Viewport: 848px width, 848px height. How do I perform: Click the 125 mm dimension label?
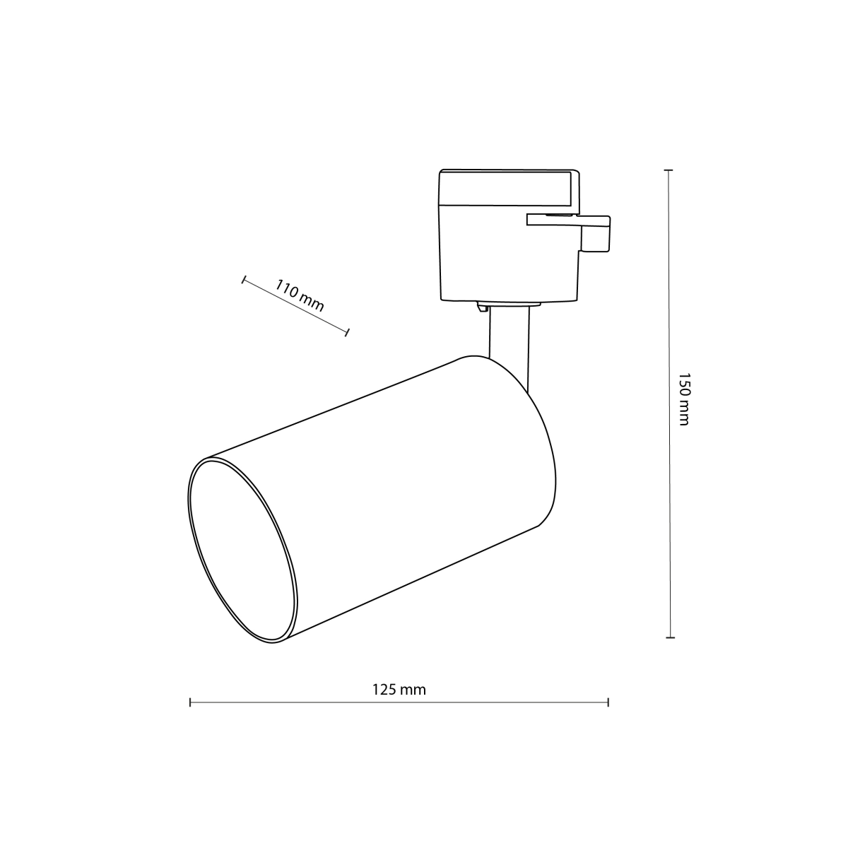coord(399,689)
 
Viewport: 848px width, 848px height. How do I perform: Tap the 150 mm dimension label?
coord(683,399)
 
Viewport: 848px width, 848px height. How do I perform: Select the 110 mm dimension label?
coord(300,296)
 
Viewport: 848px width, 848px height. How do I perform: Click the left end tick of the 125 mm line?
coord(190,702)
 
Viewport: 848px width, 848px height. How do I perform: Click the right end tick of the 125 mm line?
coord(608,702)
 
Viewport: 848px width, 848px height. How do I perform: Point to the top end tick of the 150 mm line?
coord(668,171)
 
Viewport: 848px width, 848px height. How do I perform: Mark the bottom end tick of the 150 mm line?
coord(670,637)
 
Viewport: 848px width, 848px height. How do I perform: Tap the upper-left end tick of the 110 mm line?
coord(244,281)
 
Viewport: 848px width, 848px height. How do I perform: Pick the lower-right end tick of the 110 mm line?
coord(348,331)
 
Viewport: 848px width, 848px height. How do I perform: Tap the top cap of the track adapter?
coord(507,187)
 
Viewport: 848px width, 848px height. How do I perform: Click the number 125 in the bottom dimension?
coord(385,689)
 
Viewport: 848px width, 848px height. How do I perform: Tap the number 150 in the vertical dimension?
coord(683,387)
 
